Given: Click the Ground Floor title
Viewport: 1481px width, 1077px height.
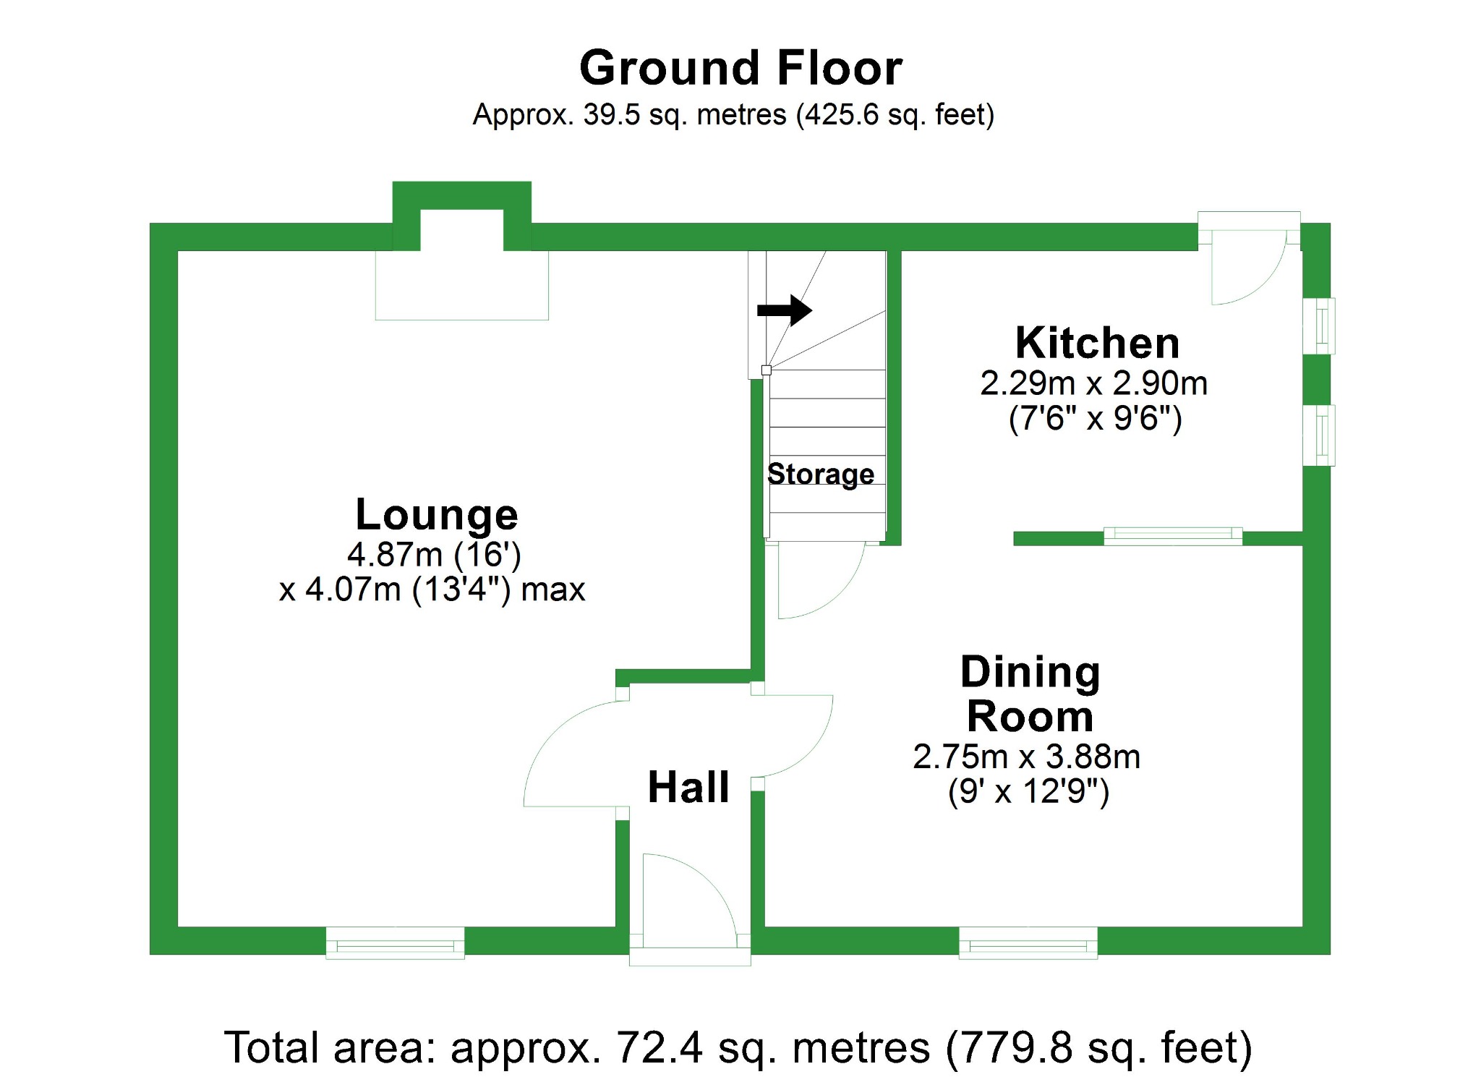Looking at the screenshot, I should pos(740,68).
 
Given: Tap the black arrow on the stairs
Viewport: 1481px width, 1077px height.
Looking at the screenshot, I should pos(785,310).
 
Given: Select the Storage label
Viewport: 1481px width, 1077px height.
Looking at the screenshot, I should pos(821,474).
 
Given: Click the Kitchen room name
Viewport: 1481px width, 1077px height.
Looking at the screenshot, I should pos(1097,343).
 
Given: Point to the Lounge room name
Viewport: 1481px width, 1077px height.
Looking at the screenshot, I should pos(437,514).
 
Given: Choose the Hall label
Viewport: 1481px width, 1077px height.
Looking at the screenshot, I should pos(688,787).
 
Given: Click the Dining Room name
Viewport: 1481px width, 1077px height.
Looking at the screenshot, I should pos(1030,694).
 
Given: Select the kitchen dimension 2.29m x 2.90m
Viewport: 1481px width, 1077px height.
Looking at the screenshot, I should pos(1093,383).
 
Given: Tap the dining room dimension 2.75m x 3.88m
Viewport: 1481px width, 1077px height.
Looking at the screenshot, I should pos(1026,757).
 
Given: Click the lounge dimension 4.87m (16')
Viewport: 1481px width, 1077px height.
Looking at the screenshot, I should pos(434,555).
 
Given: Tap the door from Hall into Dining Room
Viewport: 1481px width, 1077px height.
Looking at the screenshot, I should pos(795,734).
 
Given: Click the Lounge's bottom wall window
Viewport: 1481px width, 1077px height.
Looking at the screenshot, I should pos(395,943).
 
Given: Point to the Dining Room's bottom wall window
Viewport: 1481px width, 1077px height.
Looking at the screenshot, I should pos(1028,943).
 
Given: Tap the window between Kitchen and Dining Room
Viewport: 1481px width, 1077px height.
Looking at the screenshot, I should pos(1172,536).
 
